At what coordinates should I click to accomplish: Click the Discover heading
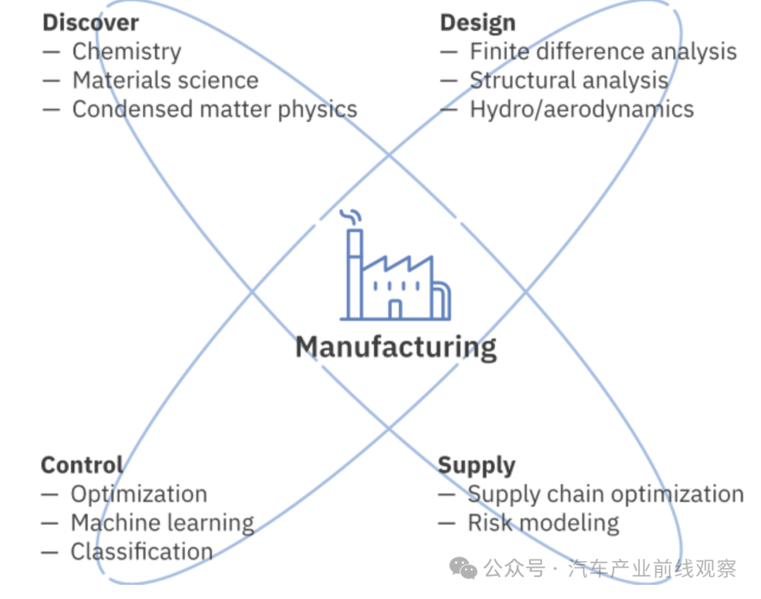(90, 23)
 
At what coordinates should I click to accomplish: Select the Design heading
(478, 23)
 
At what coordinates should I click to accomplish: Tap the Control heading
(82, 465)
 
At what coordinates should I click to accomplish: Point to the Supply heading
(476, 465)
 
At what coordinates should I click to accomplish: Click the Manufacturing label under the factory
(395, 347)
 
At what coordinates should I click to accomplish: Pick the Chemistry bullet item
(126, 51)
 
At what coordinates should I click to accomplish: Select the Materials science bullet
(165, 80)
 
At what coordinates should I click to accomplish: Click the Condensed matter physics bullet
(214, 109)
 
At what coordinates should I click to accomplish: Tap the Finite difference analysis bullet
(602, 51)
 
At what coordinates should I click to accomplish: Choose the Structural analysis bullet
(569, 80)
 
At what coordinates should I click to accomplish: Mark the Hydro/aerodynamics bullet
(581, 109)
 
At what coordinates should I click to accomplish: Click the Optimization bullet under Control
(139, 494)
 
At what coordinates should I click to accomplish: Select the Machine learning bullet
(162, 523)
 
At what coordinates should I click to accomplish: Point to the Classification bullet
(142, 552)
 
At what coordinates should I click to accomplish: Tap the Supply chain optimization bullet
(605, 494)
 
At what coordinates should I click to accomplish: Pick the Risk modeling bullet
(543, 523)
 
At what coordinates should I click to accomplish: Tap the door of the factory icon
(395, 309)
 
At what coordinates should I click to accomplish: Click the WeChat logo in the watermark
(463, 568)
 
